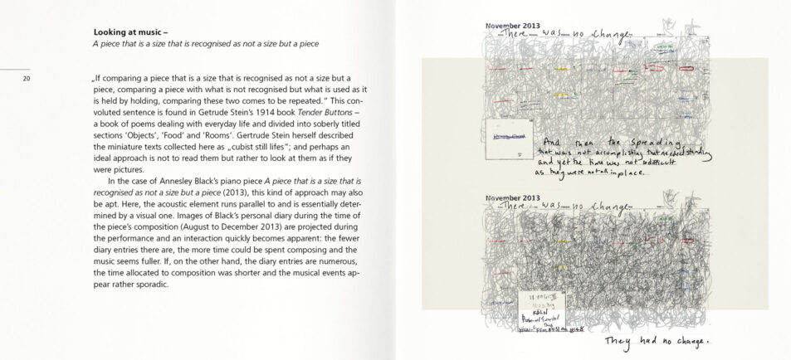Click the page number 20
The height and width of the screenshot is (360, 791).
click(x=27, y=79)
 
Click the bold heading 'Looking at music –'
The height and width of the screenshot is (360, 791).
click(x=131, y=32)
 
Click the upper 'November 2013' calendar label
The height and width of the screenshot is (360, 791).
click(x=512, y=26)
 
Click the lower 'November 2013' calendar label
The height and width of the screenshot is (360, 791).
click(x=512, y=197)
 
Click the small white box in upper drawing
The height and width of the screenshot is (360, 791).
click(x=508, y=138)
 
